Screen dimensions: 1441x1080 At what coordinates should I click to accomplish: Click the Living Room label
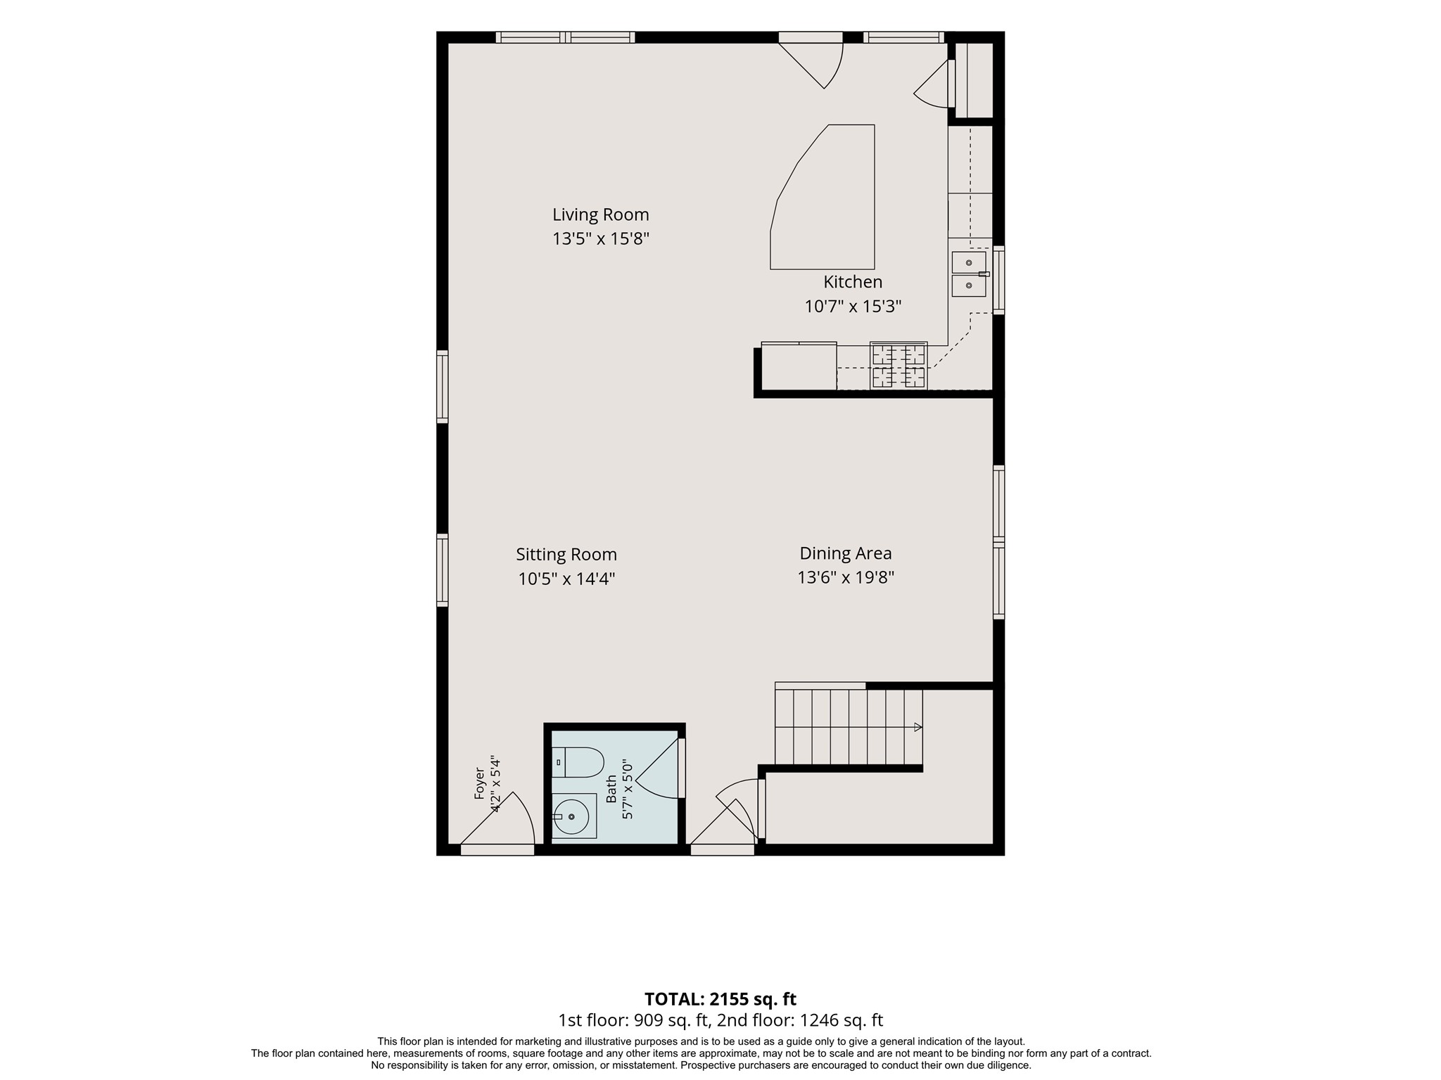tap(600, 214)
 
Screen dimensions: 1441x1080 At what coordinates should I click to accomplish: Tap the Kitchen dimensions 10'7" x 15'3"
tap(853, 307)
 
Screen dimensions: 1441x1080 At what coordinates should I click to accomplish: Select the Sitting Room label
tap(566, 555)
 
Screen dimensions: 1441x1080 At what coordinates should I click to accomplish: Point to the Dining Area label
tap(846, 553)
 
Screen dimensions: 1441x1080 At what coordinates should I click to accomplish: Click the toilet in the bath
tap(578, 762)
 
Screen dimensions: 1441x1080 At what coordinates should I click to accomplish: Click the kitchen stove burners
tap(899, 366)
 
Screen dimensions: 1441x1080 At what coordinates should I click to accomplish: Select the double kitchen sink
tap(969, 274)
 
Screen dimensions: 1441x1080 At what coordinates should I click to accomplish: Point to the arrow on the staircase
tap(918, 727)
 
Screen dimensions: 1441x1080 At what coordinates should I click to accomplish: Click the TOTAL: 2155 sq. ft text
tap(720, 999)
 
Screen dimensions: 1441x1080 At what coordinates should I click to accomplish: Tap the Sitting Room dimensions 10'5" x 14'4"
tap(566, 579)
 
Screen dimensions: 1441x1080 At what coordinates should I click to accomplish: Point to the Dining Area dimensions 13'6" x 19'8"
tap(846, 578)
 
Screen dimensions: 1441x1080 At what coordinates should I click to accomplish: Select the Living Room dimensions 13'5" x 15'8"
tap(600, 239)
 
